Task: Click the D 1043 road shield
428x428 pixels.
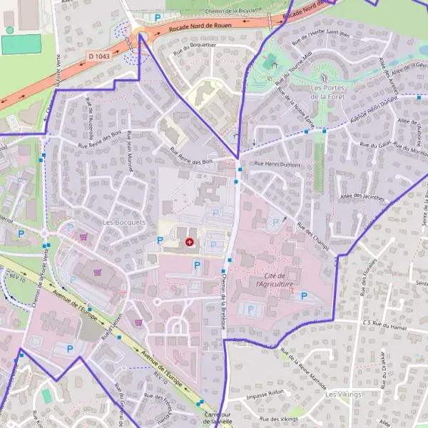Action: pyautogui.click(x=99, y=56)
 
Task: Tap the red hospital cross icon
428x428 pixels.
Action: pyautogui.click(x=189, y=243)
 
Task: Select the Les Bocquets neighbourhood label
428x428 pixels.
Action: pyautogui.click(x=123, y=222)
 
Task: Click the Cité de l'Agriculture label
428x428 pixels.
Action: pyautogui.click(x=275, y=280)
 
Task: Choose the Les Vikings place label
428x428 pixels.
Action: pyautogui.click(x=343, y=394)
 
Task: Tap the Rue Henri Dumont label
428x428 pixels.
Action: pyautogui.click(x=277, y=165)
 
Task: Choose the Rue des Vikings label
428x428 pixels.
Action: pyautogui.click(x=279, y=419)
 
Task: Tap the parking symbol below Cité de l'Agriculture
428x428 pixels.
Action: pyautogui.click(x=305, y=295)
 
